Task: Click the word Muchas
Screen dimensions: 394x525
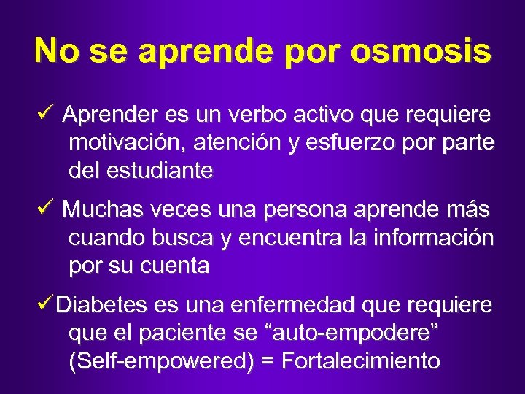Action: [x=98, y=210]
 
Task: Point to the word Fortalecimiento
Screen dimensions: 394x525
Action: [x=360, y=361]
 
